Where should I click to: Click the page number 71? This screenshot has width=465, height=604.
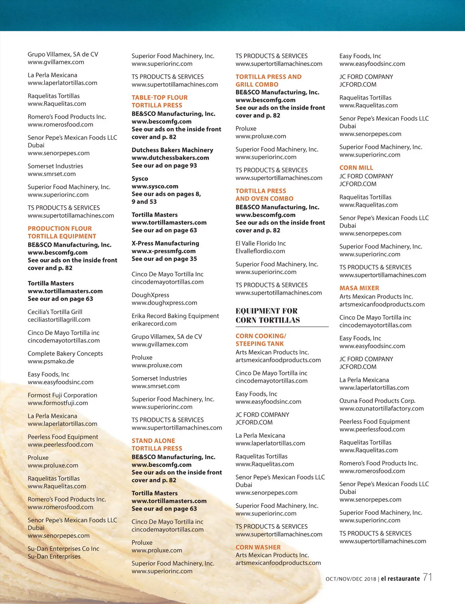coord(427,577)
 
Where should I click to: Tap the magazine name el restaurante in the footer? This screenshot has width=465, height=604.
coord(400,579)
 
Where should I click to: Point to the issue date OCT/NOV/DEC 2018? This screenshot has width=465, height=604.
coord(351,579)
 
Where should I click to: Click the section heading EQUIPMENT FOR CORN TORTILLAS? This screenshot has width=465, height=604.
coord(267,316)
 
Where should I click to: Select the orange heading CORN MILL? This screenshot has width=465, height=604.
coord(356,168)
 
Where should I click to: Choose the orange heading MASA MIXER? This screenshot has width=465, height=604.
coord(359,288)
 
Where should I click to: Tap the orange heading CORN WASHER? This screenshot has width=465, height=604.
coord(258,547)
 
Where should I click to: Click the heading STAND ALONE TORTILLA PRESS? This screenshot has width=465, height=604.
coord(157,445)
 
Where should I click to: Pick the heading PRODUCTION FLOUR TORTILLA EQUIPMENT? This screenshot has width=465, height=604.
coord(62,233)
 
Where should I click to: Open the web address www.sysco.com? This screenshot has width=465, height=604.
coord(155,186)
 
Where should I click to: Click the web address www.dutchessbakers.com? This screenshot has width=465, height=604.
coord(170,158)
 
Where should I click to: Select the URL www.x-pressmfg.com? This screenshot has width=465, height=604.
coord(164,251)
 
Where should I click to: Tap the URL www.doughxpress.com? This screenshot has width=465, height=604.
coord(164,303)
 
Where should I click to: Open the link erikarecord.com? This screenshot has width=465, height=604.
coord(154,324)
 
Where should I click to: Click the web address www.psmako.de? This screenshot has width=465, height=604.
coord(51,361)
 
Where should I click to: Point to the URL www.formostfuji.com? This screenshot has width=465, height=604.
coord(58,403)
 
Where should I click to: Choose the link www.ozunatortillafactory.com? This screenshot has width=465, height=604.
coord(381,409)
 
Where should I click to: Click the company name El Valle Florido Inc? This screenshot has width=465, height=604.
coord(260,243)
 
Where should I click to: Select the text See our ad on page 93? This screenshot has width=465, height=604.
coord(164,166)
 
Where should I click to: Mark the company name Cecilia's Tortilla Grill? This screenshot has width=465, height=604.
coord(55,312)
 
